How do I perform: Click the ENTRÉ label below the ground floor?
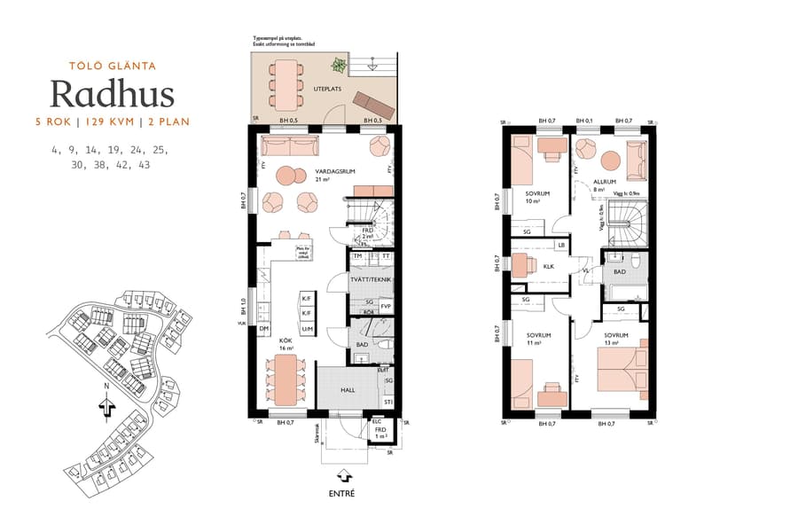click(x=340, y=493)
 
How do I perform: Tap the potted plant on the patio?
click(x=339, y=65)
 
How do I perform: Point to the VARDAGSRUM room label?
click(x=332, y=172)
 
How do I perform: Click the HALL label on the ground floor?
click(x=348, y=389)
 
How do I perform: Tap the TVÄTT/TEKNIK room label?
click(x=372, y=280)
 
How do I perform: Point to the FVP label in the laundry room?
click(x=386, y=307)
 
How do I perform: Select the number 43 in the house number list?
click(x=145, y=165)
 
